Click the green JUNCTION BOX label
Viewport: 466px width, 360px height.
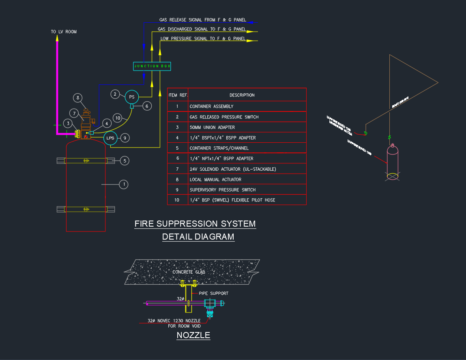point(152,66)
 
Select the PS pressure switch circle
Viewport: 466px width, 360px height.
point(131,97)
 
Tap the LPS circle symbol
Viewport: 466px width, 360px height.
point(110,138)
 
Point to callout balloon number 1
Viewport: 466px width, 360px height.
point(123,184)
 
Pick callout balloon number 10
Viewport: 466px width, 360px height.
point(118,118)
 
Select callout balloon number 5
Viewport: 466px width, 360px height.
point(125,161)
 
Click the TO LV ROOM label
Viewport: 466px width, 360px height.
point(64,32)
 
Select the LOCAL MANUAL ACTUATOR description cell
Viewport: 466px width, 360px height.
point(215,180)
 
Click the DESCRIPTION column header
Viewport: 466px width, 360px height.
point(242,95)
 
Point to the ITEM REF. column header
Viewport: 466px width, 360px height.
point(178,95)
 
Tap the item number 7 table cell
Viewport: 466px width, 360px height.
point(177,169)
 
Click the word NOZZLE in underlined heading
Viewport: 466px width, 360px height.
point(193,335)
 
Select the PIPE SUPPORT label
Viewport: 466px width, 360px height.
point(213,293)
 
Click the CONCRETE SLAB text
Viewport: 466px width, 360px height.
point(189,272)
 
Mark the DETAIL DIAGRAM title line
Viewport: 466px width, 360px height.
point(198,237)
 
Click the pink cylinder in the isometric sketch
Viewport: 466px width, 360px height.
point(393,160)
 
